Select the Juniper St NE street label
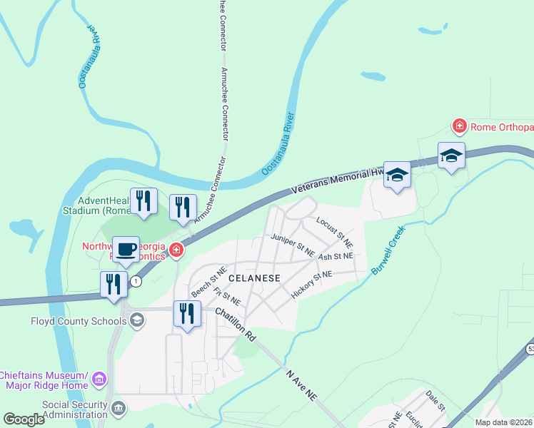click(x=293, y=245)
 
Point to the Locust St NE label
click(x=331, y=228)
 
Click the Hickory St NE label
click(x=312, y=284)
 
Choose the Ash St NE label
click(x=336, y=256)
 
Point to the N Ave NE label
click(x=300, y=385)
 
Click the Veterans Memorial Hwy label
click(x=339, y=180)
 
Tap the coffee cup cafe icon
click(x=126, y=249)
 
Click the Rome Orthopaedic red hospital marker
click(x=460, y=127)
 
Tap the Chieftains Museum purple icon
click(x=99, y=378)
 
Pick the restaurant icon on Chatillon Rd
click(x=187, y=313)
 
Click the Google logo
click(x=24, y=419)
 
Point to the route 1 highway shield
click(x=136, y=281)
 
